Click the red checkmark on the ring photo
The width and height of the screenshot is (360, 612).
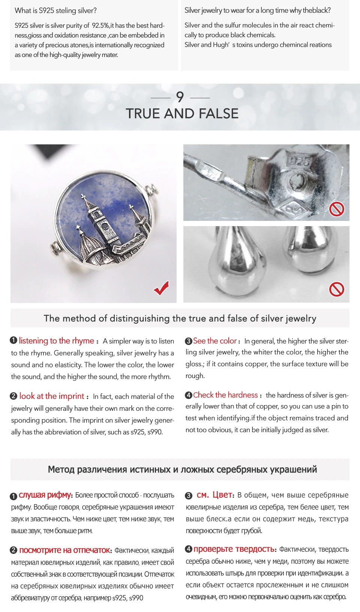coord(161,288)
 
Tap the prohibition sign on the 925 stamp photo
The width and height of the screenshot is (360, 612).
coord(336,209)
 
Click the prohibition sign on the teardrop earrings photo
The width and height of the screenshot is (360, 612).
coord(336,289)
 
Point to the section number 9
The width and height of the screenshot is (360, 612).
coord(180,97)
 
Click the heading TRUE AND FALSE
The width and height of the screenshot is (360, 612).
coord(182,114)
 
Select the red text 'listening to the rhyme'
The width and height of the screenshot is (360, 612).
coord(56,341)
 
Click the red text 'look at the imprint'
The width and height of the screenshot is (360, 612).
coord(52,396)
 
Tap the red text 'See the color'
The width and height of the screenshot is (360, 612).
coord(215,341)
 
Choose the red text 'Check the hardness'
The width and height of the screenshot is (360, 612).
coord(225,395)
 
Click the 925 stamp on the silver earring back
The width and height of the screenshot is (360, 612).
coord(299,162)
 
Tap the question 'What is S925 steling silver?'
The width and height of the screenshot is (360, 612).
coord(56,10)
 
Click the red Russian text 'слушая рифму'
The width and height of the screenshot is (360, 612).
coord(45,495)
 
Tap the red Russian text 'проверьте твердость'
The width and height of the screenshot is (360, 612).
coord(234,549)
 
